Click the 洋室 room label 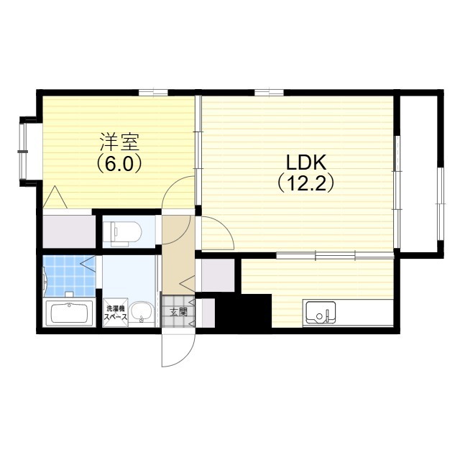(119, 142)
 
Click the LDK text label (306, 162)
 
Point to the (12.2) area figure (305, 183)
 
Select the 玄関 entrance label (178, 312)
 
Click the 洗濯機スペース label (116, 313)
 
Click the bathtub (69, 313)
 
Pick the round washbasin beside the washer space (142, 312)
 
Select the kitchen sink (321, 312)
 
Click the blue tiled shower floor (70, 276)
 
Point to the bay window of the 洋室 (24, 152)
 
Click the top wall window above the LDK (269, 93)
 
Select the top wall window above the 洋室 (153, 93)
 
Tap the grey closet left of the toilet (69, 231)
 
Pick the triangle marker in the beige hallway (187, 283)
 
